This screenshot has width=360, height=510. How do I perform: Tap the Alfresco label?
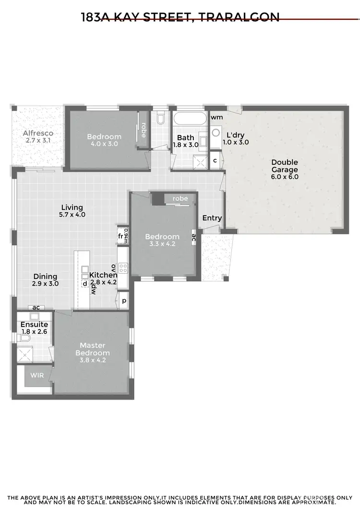coord(38,133)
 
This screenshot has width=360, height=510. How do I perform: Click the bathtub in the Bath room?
coord(190,119)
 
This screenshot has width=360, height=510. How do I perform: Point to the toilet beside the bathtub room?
coord(161,118)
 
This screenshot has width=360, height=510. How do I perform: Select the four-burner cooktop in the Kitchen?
coord(122,267)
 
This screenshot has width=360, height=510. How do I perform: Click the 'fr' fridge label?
coord(120,236)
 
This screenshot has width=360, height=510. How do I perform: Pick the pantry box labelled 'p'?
coord(123,301)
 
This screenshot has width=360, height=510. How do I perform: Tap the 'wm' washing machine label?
coord(216,117)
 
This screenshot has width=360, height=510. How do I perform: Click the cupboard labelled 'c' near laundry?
coord(215,160)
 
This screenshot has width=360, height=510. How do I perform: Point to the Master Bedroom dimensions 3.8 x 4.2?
coord(92,360)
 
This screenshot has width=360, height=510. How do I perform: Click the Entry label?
coord(212,218)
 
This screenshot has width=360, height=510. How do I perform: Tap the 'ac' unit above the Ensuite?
coord(36,308)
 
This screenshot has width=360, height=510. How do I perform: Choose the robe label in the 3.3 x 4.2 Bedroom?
coord(180,198)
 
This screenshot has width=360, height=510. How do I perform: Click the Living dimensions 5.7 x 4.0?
coord(72,215)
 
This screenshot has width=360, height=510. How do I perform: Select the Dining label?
coord(46,277)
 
